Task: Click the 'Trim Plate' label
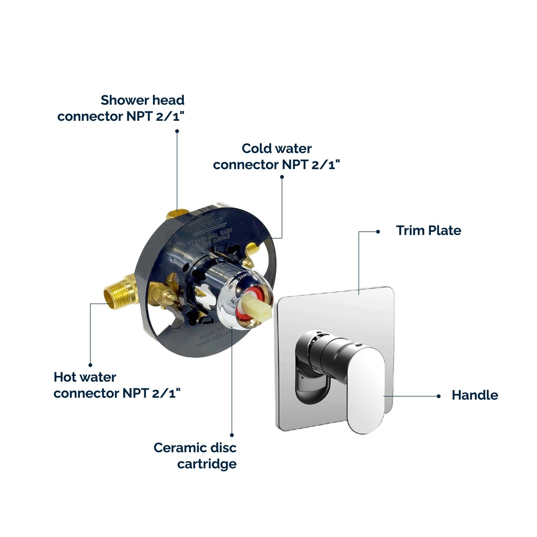click(x=428, y=231)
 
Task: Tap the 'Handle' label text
click(x=475, y=395)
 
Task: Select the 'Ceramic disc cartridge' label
click(x=195, y=456)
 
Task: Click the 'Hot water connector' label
click(x=117, y=385)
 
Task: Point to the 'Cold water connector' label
click(x=276, y=156)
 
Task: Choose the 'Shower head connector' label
click(x=121, y=108)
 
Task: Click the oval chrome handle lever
click(x=367, y=389)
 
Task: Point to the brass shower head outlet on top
click(x=177, y=213)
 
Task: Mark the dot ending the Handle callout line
click(x=438, y=396)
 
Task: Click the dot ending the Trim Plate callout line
click(x=378, y=232)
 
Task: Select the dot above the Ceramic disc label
click(x=232, y=435)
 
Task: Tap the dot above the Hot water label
click(x=90, y=365)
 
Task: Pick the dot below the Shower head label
click(x=177, y=131)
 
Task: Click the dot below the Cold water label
click(x=282, y=177)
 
